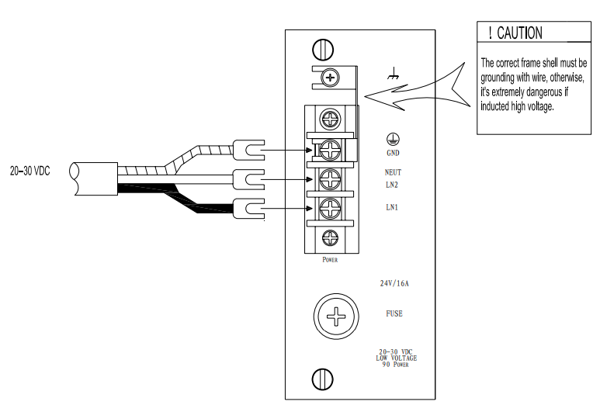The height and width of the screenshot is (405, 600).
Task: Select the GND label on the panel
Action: click(393, 153)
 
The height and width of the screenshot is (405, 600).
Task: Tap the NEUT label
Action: click(393, 172)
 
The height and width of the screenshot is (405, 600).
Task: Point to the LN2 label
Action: click(392, 185)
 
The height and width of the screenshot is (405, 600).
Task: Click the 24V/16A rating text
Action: click(394, 283)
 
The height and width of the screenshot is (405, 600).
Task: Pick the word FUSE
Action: click(394, 314)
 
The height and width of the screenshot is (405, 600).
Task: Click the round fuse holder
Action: click(336, 317)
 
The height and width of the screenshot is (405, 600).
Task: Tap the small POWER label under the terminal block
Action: click(330, 260)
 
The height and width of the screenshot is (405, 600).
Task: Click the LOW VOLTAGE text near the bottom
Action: click(396, 358)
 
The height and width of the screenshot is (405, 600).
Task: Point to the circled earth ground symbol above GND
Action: click(393, 139)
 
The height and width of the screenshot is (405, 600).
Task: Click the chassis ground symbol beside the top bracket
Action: click(394, 76)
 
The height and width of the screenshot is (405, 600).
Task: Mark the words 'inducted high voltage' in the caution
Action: click(515, 107)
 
